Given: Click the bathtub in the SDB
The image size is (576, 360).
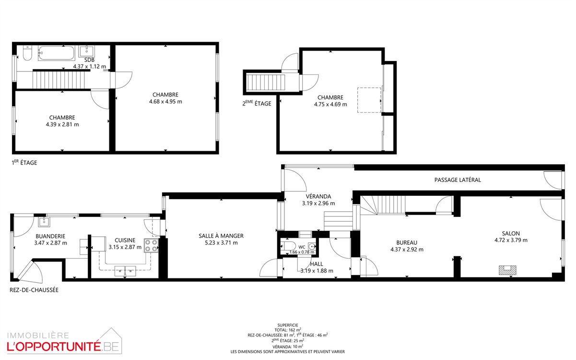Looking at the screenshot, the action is (x=56, y=53).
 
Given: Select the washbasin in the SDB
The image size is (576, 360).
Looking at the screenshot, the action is (x=87, y=51).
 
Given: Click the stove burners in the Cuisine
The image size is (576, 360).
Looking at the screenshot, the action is (x=151, y=245).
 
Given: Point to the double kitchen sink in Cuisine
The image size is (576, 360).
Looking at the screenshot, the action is (x=125, y=271).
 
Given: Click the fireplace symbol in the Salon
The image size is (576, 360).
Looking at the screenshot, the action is (x=507, y=270).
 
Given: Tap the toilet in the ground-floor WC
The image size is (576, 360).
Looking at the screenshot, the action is (x=288, y=246).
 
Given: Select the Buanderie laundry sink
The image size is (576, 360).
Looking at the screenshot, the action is (x=44, y=222).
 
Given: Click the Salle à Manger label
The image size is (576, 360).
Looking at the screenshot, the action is (x=221, y=236).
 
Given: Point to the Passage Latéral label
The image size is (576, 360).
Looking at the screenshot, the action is (x=458, y=180).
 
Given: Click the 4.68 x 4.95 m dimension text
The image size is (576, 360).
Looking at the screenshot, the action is (x=165, y=102).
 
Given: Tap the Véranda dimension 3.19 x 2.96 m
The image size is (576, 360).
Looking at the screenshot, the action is (x=318, y=204).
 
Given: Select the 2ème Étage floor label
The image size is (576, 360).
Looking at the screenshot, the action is (x=257, y=103).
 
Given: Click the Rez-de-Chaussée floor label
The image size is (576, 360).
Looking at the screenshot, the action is (x=34, y=290).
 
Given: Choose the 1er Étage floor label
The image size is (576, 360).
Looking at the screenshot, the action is (x=24, y=162).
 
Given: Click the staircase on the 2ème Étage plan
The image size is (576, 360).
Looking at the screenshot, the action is (x=266, y=83).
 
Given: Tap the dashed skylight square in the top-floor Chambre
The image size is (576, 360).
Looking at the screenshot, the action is (x=369, y=100).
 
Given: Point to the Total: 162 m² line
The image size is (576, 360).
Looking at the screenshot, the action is (x=288, y=330).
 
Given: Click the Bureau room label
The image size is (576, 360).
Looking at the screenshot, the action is (x=407, y=243).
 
